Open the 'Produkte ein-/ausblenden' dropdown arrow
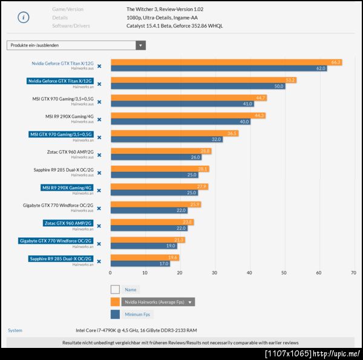[141, 45]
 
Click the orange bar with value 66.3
[226, 62]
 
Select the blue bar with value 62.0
[218, 69]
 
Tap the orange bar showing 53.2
[203, 80]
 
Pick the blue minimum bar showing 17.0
[140, 264]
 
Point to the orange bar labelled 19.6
[145, 258]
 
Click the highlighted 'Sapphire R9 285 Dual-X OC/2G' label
[60, 258]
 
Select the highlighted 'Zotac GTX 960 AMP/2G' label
[68, 223]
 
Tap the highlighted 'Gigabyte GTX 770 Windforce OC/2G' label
[56, 241]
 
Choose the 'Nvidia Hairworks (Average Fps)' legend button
[159, 302]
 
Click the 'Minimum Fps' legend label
[138, 315]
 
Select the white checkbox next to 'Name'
[115, 289]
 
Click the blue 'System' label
[15, 330]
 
